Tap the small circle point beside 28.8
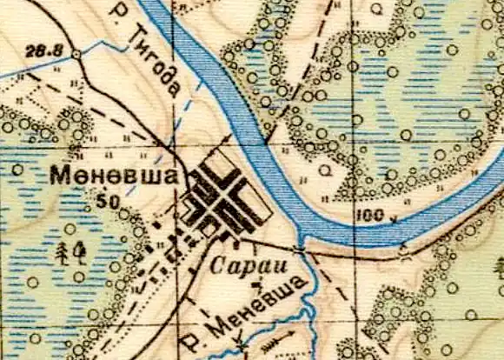76,55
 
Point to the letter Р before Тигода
120,12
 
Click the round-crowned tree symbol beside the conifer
82,252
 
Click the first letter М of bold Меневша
62,176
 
